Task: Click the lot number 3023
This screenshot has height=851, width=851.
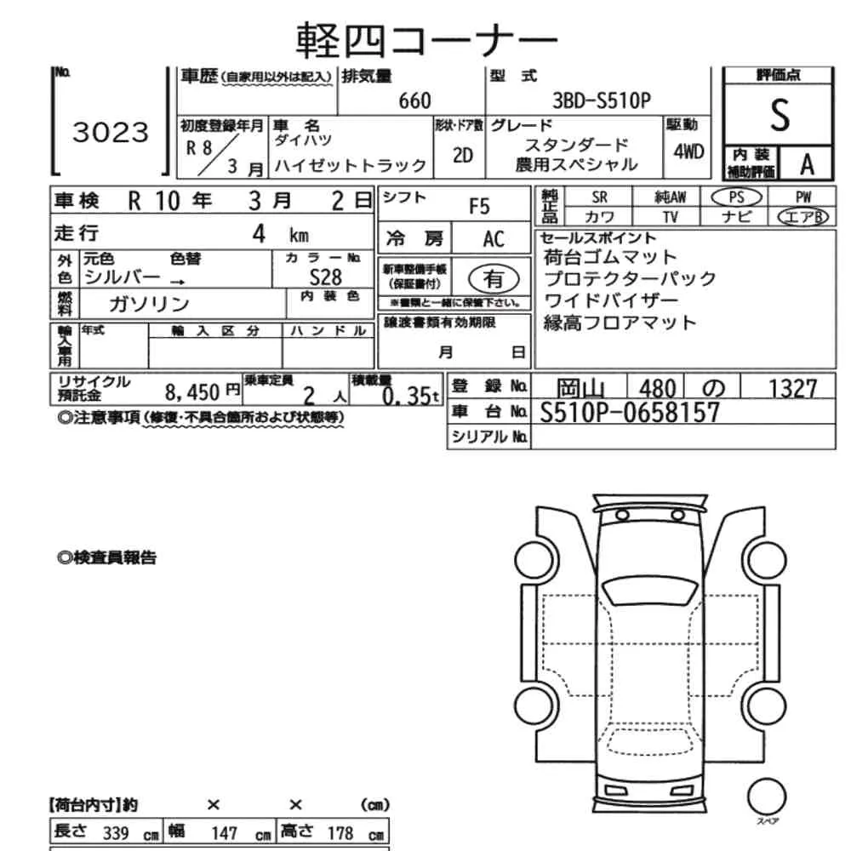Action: click(x=111, y=132)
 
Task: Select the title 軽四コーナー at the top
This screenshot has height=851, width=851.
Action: click(x=426, y=40)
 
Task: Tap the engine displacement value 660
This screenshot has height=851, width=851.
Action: click(x=414, y=101)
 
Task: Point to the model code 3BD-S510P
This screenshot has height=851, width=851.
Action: click(x=601, y=100)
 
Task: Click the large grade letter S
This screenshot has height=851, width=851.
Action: click(x=780, y=116)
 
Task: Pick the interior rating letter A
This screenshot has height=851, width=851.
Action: click(x=807, y=165)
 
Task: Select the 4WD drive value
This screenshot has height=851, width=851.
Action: click(x=688, y=152)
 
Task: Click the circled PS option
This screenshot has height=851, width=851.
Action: click(x=736, y=197)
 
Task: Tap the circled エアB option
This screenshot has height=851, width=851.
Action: click(x=802, y=217)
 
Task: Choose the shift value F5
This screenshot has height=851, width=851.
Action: click(x=479, y=207)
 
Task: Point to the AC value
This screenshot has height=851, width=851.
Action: click(x=494, y=239)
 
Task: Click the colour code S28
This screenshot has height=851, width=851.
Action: click(x=325, y=278)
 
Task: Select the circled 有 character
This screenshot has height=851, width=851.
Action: click(x=494, y=279)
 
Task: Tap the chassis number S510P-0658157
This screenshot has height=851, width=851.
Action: click(x=630, y=413)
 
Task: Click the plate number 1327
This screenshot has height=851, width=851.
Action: click(x=792, y=389)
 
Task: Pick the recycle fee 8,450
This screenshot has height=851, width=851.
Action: click(x=192, y=391)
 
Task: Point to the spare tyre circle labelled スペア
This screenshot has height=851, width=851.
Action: click(x=767, y=797)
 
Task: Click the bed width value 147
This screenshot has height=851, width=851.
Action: click(x=224, y=833)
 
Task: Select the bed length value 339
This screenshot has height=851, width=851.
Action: click(x=116, y=833)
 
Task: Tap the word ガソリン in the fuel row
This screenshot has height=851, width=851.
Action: click(x=149, y=304)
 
